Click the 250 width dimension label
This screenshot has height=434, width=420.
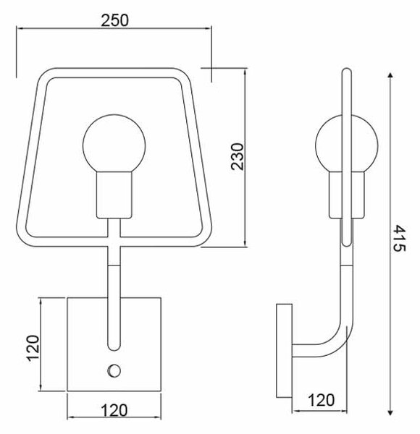[114, 20]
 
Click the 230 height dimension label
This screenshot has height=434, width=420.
[238, 156]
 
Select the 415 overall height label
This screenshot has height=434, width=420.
[400, 238]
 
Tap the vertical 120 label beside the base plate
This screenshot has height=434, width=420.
[33, 348]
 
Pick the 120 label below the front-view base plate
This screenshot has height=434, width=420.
[114, 410]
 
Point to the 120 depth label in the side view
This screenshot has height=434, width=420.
[321, 400]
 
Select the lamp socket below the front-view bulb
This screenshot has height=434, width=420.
[114, 195]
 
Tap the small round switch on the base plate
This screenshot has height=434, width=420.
[114, 370]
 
